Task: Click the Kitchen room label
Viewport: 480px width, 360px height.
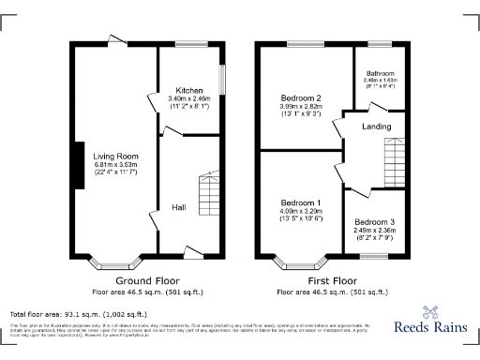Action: (x=190, y=91)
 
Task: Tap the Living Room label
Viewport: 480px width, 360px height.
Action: (x=115, y=156)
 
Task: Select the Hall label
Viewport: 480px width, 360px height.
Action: (x=178, y=207)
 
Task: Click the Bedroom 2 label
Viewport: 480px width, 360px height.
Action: (x=301, y=98)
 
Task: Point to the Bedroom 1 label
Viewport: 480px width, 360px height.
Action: (x=301, y=203)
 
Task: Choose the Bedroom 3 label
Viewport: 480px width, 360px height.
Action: (x=373, y=222)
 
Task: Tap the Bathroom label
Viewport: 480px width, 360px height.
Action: (x=381, y=73)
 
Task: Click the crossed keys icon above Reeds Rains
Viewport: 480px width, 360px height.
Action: (x=431, y=312)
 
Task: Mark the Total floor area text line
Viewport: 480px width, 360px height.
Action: (x=78, y=313)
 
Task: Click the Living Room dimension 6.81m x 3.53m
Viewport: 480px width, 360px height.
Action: (x=115, y=164)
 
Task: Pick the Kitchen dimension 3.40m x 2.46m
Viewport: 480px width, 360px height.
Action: (x=190, y=98)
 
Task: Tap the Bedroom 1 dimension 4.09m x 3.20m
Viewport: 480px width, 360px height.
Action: (x=301, y=211)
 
